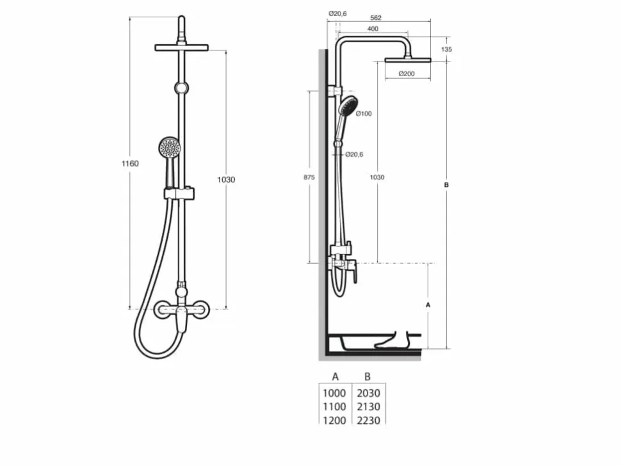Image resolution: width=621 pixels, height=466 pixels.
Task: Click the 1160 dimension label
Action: click(x=130, y=163)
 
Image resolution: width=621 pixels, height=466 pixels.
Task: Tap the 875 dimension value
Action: click(x=309, y=177)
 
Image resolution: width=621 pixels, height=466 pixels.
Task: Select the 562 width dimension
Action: click(x=375, y=18)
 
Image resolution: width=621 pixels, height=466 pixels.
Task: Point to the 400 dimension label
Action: click(x=373, y=29)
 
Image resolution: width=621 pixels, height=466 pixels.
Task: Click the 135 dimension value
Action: click(x=446, y=49)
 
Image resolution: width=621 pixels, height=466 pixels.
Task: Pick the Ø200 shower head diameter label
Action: click(x=407, y=74)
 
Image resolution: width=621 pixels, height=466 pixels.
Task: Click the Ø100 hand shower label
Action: click(x=364, y=114)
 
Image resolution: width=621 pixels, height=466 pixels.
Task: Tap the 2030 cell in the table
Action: click(x=368, y=393)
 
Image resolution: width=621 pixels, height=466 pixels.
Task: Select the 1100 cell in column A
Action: click(x=334, y=406)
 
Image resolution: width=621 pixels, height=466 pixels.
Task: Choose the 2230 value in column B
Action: click(x=368, y=421)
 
